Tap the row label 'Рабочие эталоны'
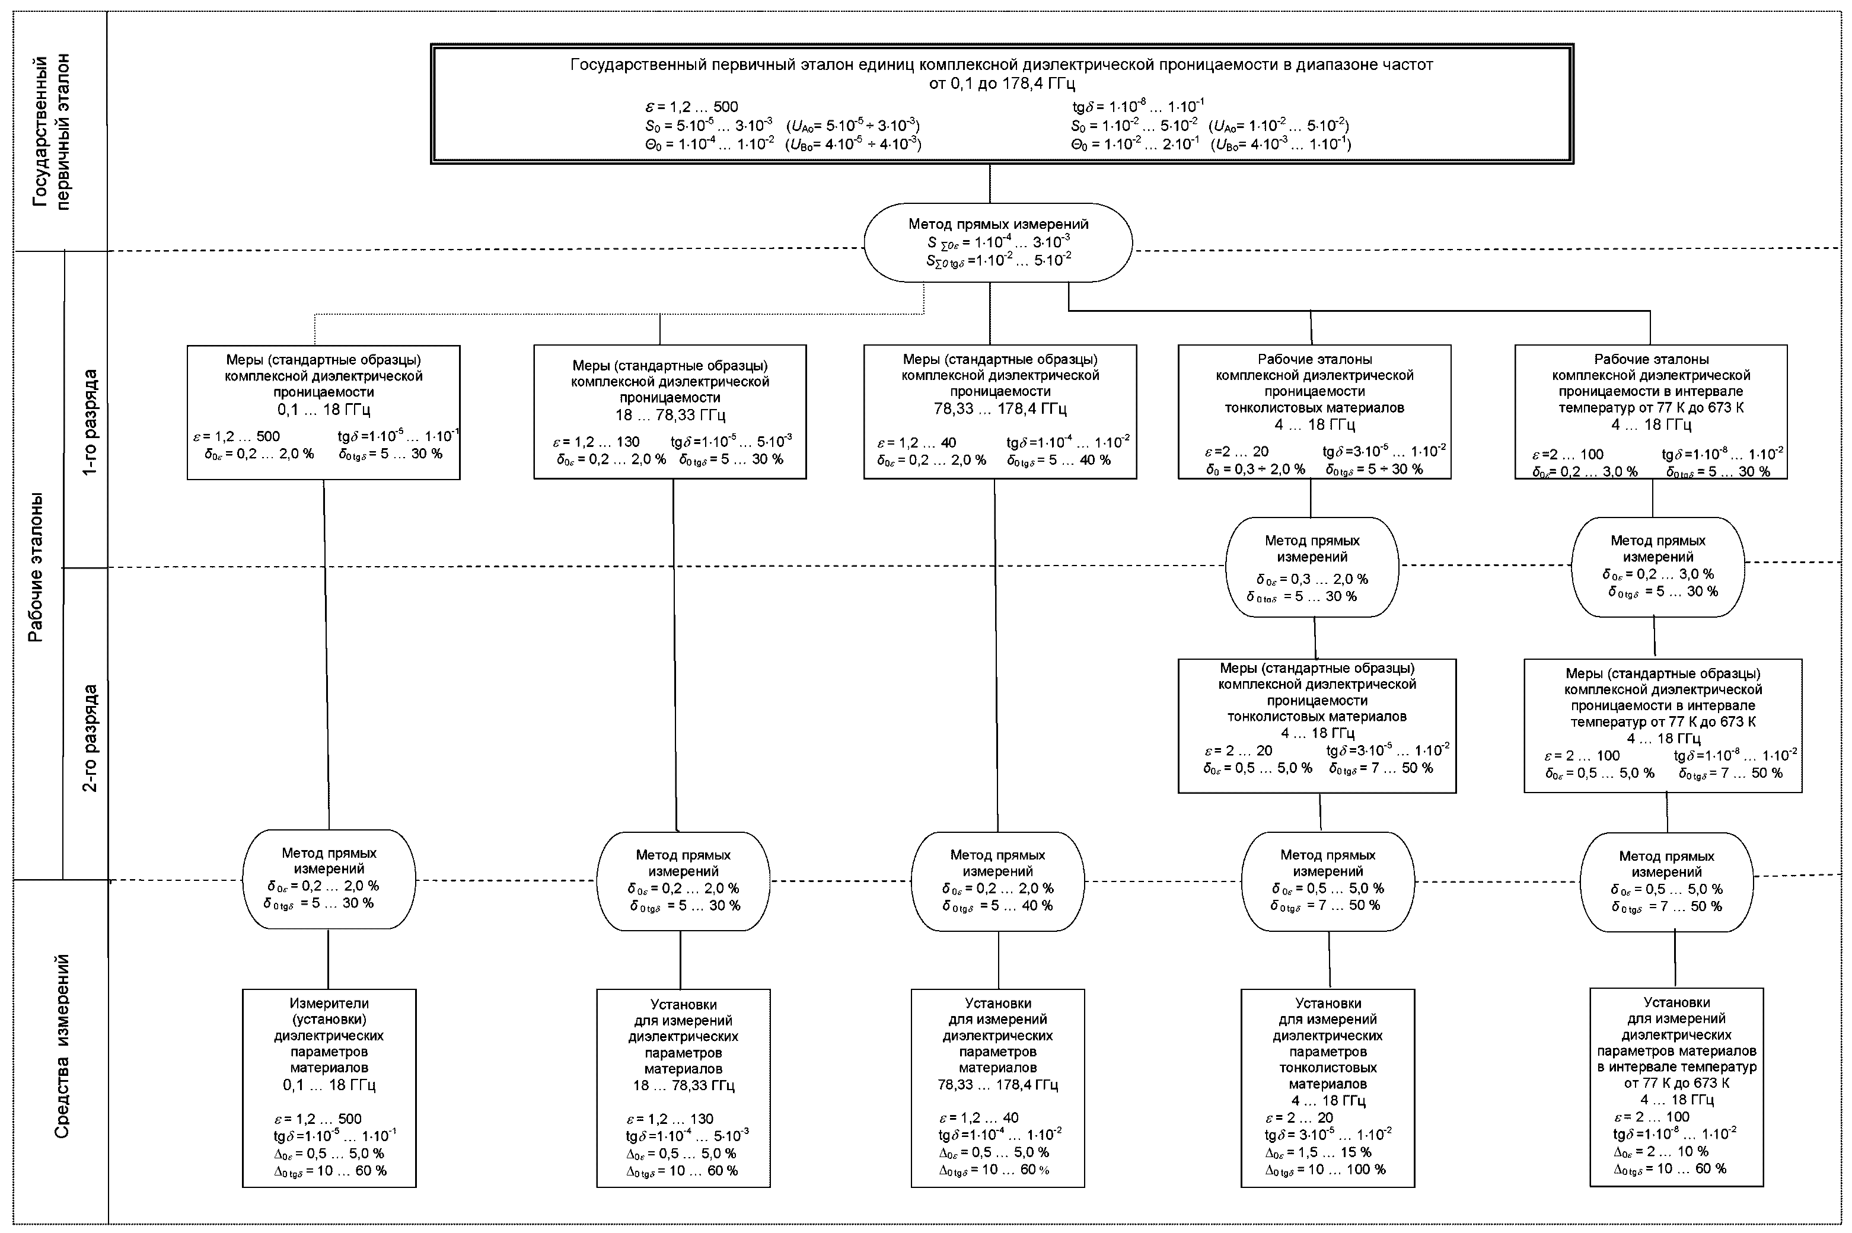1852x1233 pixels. pos(36,567)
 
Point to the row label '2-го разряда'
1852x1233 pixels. pos(91,737)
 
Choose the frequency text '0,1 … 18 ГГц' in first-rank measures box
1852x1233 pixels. pos(323,410)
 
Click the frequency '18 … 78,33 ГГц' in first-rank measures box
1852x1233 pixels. pos(670,415)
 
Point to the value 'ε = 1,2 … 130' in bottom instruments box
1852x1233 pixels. pos(670,1119)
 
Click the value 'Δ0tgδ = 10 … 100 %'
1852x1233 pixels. pos(1325,1170)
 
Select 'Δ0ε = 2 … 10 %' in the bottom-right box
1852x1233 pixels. pos(1661,1151)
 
